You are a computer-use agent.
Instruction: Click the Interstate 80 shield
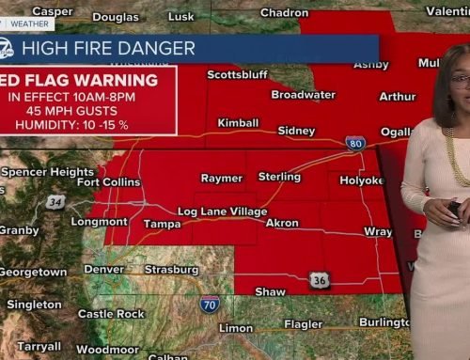355,143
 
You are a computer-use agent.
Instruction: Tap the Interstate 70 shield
209,303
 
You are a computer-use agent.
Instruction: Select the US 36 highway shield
320,280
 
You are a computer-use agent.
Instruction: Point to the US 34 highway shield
55,201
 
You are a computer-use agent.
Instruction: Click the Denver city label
103,270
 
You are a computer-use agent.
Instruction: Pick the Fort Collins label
108,181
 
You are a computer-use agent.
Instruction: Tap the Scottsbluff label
237,74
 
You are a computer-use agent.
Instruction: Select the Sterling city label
279,177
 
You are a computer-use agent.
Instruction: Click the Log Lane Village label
222,211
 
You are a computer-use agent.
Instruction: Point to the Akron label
283,223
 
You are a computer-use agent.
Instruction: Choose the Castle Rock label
111,313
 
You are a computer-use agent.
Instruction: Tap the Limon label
235,328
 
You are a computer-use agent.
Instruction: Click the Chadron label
284,12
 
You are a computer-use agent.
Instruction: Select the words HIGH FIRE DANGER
108,47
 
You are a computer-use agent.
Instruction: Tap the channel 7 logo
8,46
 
